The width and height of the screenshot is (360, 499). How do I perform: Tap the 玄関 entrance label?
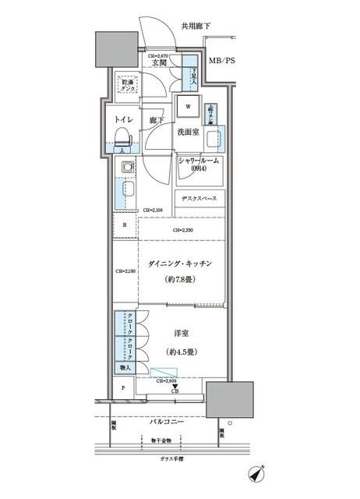(x=161, y=63)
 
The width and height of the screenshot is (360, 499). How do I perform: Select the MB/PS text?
(x=224, y=60)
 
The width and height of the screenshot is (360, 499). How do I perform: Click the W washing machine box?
(x=188, y=106)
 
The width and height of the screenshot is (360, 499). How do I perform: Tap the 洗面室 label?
(x=188, y=133)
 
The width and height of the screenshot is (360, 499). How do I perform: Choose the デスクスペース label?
(x=200, y=197)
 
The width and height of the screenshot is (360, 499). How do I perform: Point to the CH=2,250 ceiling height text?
(x=183, y=230)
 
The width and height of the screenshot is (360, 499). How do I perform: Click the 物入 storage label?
(x=125, y=367)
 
